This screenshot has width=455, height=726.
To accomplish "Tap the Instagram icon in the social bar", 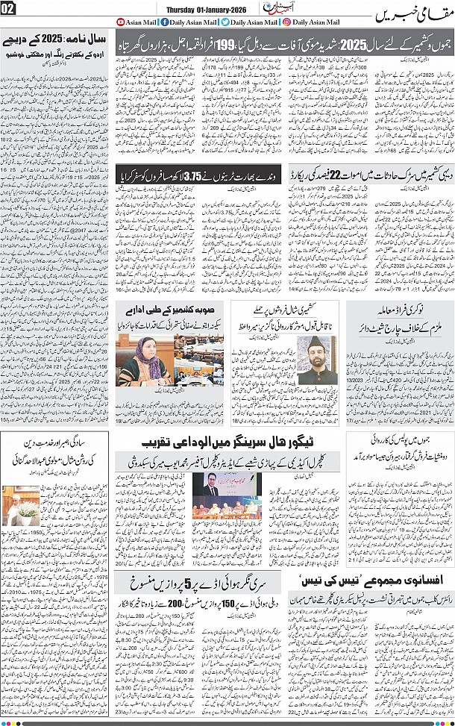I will coord(288,22).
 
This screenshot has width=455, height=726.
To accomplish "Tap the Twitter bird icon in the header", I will coord(227,22).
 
